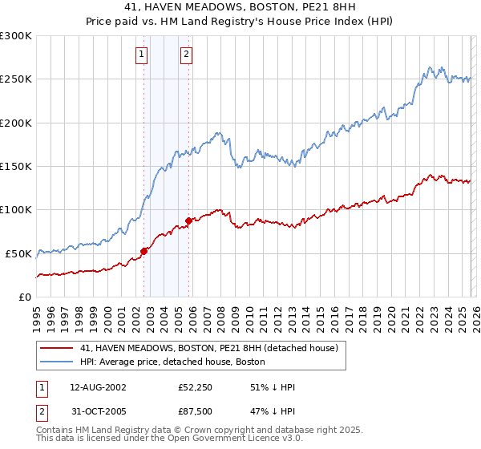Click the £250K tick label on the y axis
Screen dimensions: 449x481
click(16, 79)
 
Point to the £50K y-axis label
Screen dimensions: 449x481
click(18, 253)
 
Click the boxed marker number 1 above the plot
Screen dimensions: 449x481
click(142, 55)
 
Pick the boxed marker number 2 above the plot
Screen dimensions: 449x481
click(186, 55)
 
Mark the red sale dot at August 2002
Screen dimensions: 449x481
click(144, 251)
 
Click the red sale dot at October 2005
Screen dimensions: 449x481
click(189, 220)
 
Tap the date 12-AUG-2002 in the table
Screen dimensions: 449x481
click(99, 387)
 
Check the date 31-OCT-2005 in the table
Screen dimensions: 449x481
click(99, 413)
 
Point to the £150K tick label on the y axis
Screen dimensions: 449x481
click(16, 167)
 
